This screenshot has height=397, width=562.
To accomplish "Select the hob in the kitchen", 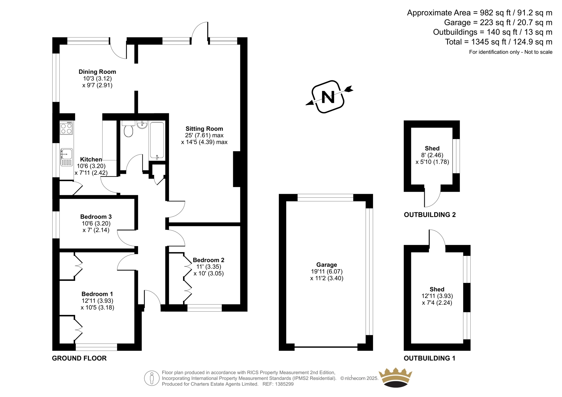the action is point(66,128).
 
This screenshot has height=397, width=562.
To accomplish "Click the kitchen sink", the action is point(66,157).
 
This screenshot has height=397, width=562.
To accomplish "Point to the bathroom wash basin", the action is point(142,125).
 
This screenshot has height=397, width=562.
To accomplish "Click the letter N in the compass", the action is point(328,97).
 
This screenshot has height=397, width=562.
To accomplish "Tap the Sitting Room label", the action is point(204,129).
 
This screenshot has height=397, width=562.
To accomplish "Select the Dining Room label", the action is point(97,72).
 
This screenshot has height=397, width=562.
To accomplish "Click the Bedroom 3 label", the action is point(96,217).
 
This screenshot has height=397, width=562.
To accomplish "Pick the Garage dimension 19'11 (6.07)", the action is point(327,271).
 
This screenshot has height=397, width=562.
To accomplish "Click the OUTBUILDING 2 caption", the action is point(430,215).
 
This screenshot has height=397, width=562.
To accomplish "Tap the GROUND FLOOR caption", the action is point(79,358).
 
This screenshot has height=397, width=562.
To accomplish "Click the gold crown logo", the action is point(396,378).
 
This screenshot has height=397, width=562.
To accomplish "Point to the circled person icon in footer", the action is point(152,378).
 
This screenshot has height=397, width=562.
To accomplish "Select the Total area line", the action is point(499,42).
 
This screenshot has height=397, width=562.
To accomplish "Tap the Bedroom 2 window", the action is point(204,308).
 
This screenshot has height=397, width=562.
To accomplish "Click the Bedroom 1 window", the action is point(96,347).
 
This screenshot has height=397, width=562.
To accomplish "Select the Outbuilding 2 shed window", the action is point(456,156).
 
